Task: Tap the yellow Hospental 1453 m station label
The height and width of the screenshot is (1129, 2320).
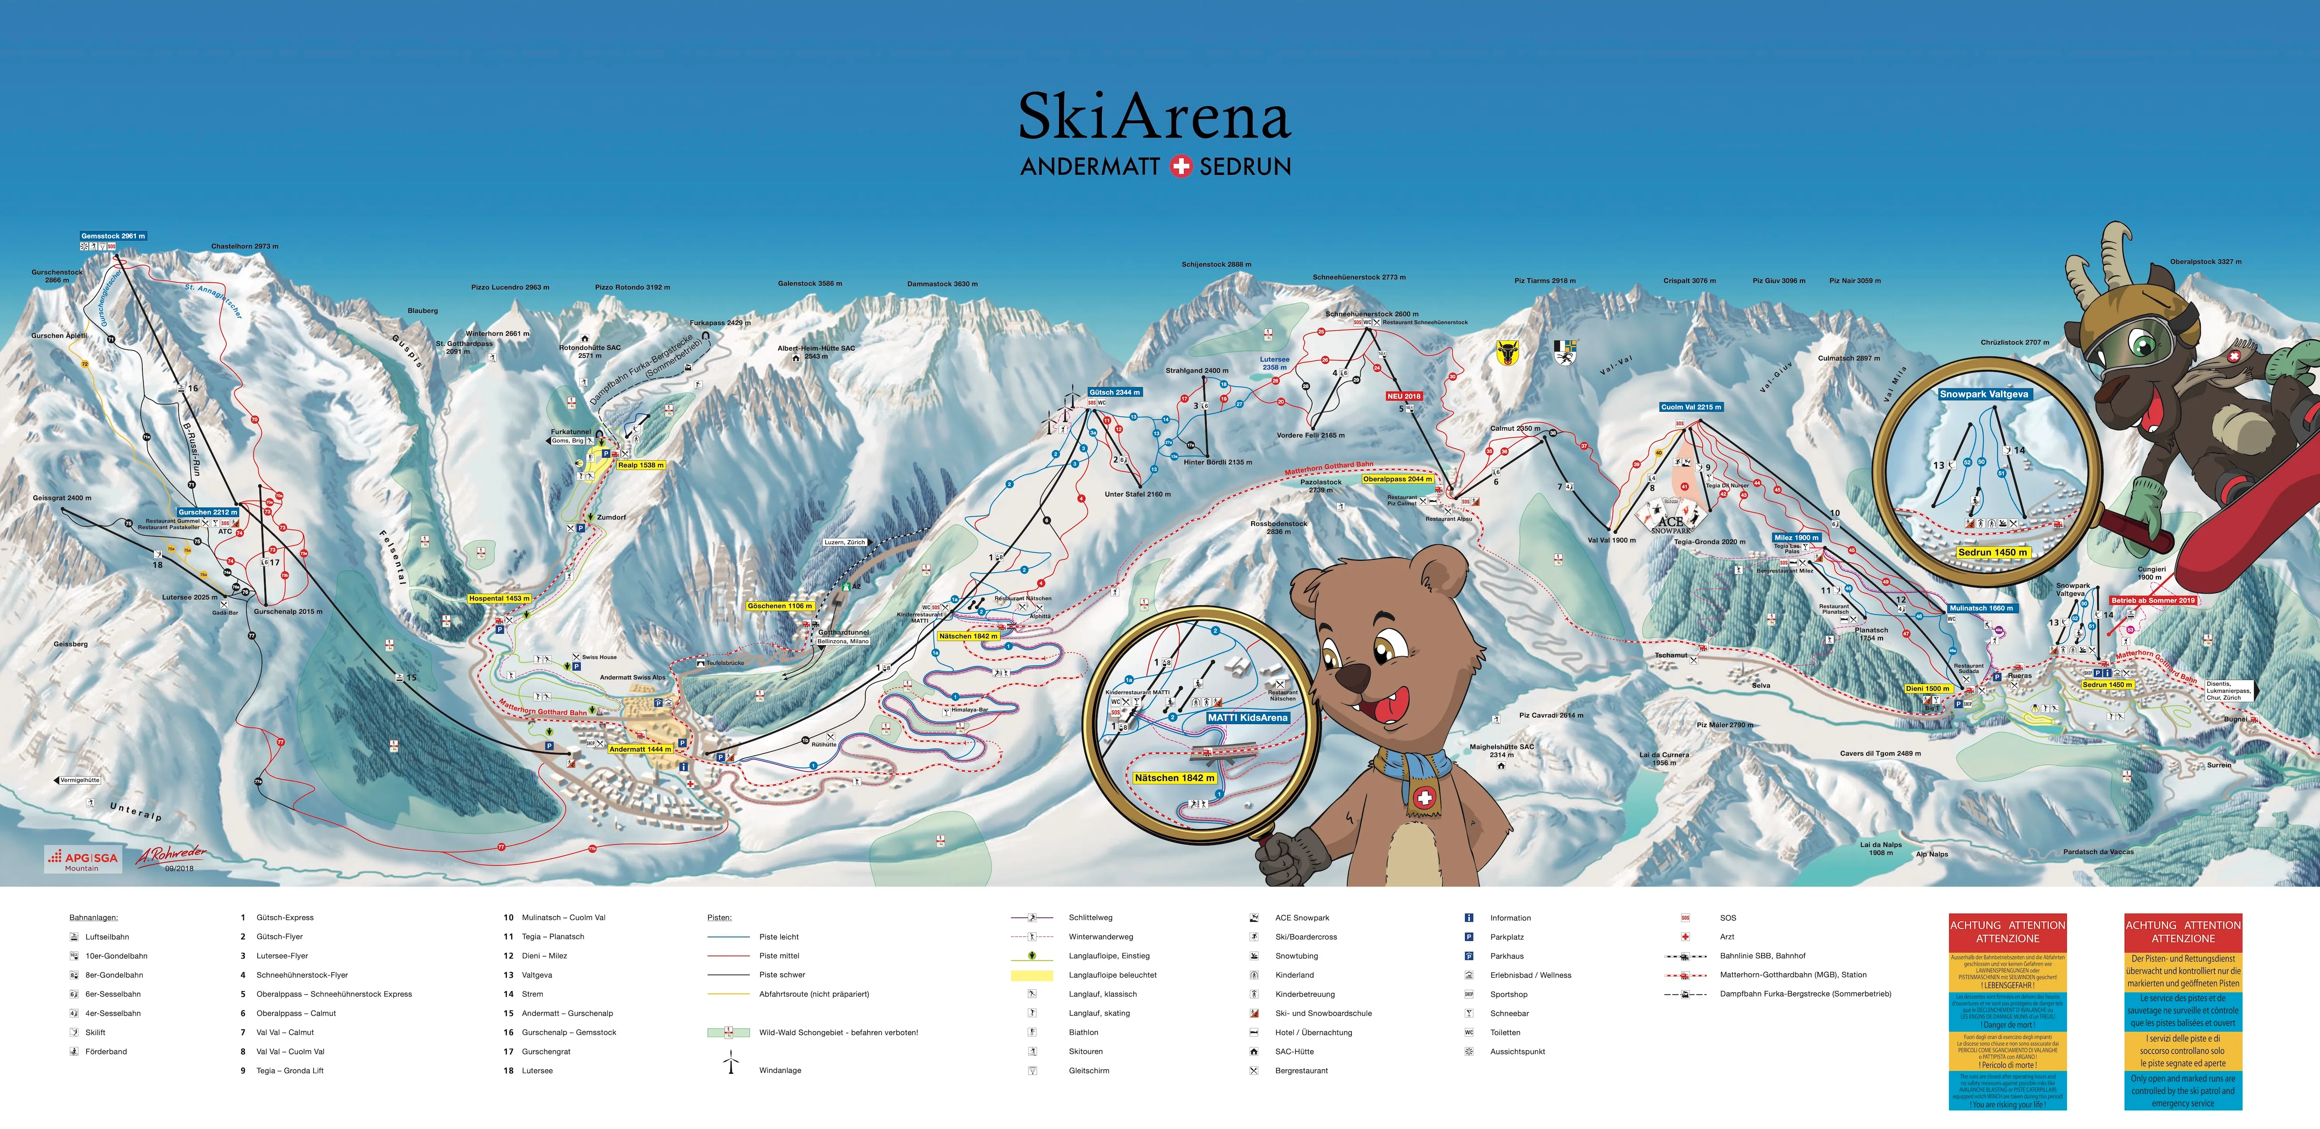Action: point(499,598)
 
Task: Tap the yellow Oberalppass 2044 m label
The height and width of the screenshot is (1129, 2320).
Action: point(1397,479)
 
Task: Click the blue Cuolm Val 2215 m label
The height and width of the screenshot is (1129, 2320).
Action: point(1690,407)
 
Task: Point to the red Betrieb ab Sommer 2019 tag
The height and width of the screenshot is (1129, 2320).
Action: point(2153,600)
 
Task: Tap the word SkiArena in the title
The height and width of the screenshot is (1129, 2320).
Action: point(1155,117)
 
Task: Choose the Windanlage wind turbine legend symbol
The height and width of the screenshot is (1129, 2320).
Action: point(731,1063)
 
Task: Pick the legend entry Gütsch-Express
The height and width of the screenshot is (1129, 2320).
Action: point(285,917)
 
